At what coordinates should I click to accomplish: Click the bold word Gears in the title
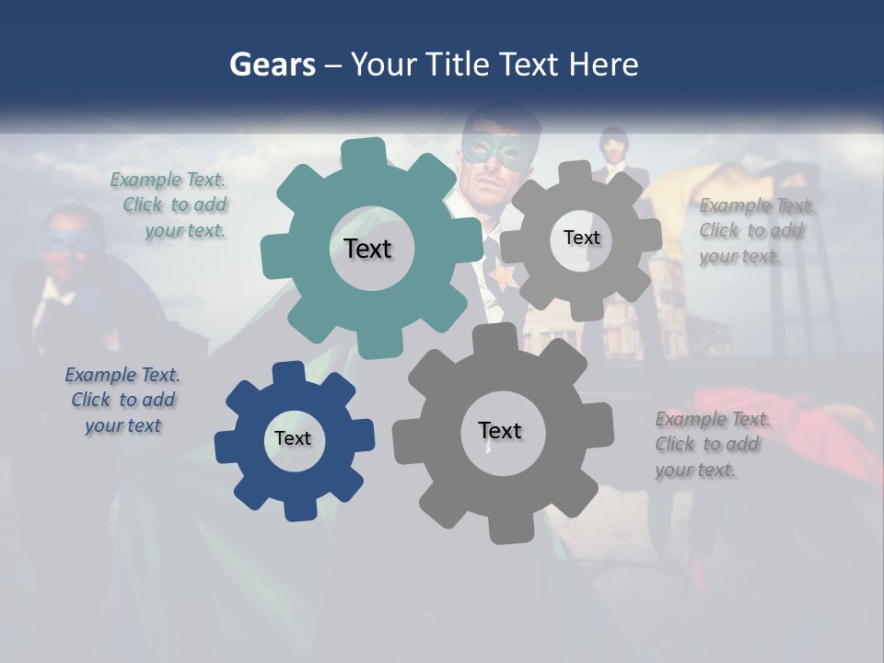(x=272, y=64)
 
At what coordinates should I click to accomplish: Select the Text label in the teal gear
(x=367, y=249)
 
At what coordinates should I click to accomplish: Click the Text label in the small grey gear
(x=581, y=238)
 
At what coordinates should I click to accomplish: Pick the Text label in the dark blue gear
(x=293, y=438)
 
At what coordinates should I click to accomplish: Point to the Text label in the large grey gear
(x=500, y=430)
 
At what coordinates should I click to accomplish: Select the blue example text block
(x=123, y=400)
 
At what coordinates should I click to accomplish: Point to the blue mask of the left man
(x=66, y=241)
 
